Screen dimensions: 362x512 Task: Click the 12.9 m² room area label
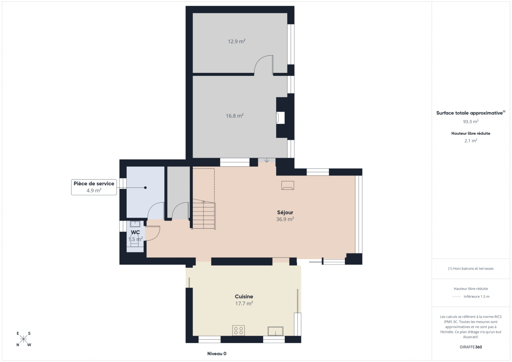236,42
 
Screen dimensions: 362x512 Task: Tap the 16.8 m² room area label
234,116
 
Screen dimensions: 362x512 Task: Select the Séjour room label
285,213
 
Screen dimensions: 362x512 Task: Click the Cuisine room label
244,297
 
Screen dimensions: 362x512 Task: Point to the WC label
135,232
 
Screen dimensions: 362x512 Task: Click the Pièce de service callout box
94,187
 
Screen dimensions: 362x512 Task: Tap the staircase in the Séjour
204,215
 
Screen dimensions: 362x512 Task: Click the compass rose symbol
23,339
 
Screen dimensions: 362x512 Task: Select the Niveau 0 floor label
217,354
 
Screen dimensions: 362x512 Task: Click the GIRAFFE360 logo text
470,347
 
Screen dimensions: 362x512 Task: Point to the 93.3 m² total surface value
470,122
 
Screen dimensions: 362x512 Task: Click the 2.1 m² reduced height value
470,141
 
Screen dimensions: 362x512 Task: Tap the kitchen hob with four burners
238,330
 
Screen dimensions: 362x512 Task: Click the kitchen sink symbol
275,331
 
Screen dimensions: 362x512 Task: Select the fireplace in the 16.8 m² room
280,118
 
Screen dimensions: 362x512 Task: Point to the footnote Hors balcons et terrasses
470,268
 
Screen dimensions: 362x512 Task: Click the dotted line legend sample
456,297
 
